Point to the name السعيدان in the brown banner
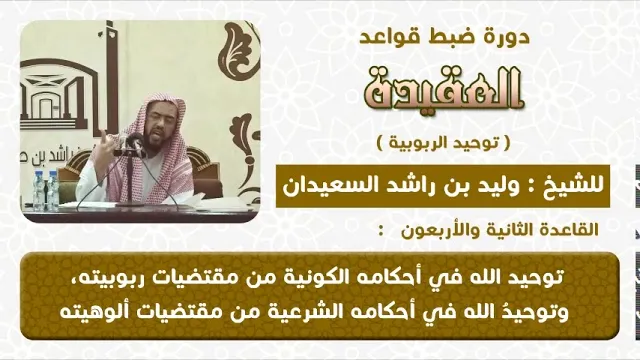pos(326,186)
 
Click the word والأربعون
pos(436,230)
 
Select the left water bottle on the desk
pos(39,191)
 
